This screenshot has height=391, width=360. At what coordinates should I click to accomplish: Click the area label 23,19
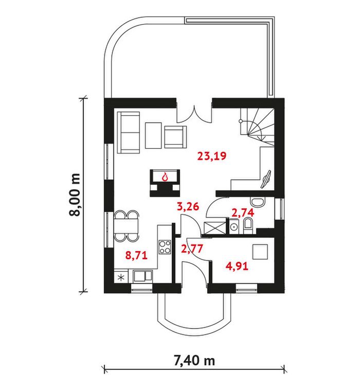point(212,156)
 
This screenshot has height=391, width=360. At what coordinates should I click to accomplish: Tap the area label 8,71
point(136,255)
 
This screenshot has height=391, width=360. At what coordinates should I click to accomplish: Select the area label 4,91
point(237,266)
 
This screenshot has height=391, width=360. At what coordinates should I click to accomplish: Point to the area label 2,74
point(243,212)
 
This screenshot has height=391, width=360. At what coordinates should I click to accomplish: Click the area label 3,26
point(188,206)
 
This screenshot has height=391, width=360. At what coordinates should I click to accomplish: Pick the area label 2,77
point(192,248)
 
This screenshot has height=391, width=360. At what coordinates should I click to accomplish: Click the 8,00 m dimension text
point(75,195)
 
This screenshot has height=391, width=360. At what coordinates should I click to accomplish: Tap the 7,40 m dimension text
point(194,361)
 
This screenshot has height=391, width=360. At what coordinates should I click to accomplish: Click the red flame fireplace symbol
point(165,177)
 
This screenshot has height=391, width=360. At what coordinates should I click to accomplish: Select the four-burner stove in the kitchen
point(165,246)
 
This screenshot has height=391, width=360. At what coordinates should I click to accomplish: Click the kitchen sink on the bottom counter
point(142,276)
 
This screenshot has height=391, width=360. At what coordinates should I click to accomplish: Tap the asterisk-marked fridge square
point(121,277)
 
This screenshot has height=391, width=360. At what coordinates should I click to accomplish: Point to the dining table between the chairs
point(126,226)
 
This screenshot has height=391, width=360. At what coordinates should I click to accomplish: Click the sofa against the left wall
point(128,132)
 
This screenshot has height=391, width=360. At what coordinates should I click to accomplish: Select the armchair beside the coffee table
point(175,137)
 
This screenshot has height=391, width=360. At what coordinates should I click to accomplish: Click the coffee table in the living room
point(153,135)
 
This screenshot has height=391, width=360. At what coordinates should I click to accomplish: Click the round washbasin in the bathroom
point(233,226)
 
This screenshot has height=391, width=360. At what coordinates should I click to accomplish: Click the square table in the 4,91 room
point(260,252)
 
